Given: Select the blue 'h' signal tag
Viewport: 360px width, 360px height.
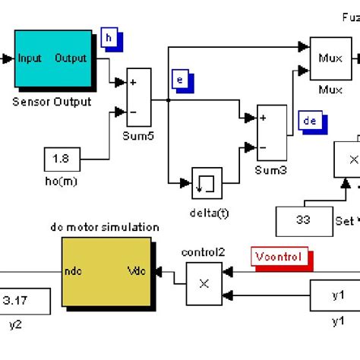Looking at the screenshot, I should click(109, 37).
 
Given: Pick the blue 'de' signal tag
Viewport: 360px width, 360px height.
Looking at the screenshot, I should click(310, 121).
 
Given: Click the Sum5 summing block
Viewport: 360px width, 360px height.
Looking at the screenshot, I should click(139, 97).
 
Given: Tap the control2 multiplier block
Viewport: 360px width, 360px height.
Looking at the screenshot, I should click(204, 283).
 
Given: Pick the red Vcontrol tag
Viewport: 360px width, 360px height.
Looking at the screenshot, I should click(280, 257).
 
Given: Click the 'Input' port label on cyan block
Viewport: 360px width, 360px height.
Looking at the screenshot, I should click(30, 58).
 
